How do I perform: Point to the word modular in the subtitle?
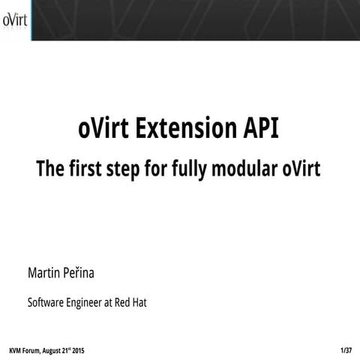pyautogui.click(x=247, y=169)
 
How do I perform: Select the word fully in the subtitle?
pyautogui.click(x=193, y=169)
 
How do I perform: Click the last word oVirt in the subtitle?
pyautogui.click(x=301, y=169)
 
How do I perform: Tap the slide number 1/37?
pyautogui.click(x=346, y=350)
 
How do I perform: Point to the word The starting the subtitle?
pyautogui.click(x=51, y=169)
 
